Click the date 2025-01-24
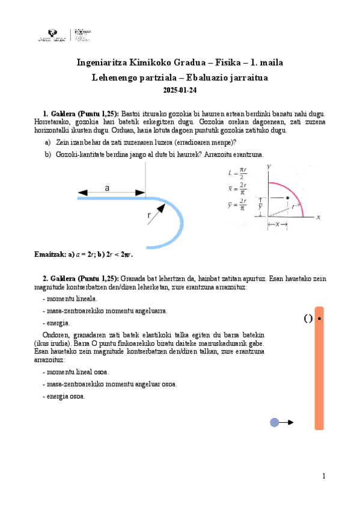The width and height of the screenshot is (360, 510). tap(180, 90)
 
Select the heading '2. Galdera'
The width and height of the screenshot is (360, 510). tap(58, 278)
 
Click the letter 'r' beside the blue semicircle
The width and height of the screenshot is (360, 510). tap(148, 215)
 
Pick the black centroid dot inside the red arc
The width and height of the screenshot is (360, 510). tap(288, 198)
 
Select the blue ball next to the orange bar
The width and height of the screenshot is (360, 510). tap(275, 422)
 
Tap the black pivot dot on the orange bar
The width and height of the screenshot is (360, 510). tap(319, 319)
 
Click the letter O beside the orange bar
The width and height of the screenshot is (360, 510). tap(308, 319)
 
